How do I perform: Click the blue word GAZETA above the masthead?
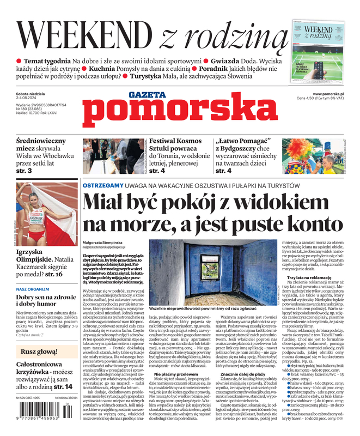(x=147, y=95)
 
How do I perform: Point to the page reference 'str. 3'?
(x=24, y=171)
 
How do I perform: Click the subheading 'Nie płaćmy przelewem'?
(x=174, y=374)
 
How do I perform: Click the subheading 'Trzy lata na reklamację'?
(x=309, y=277)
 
